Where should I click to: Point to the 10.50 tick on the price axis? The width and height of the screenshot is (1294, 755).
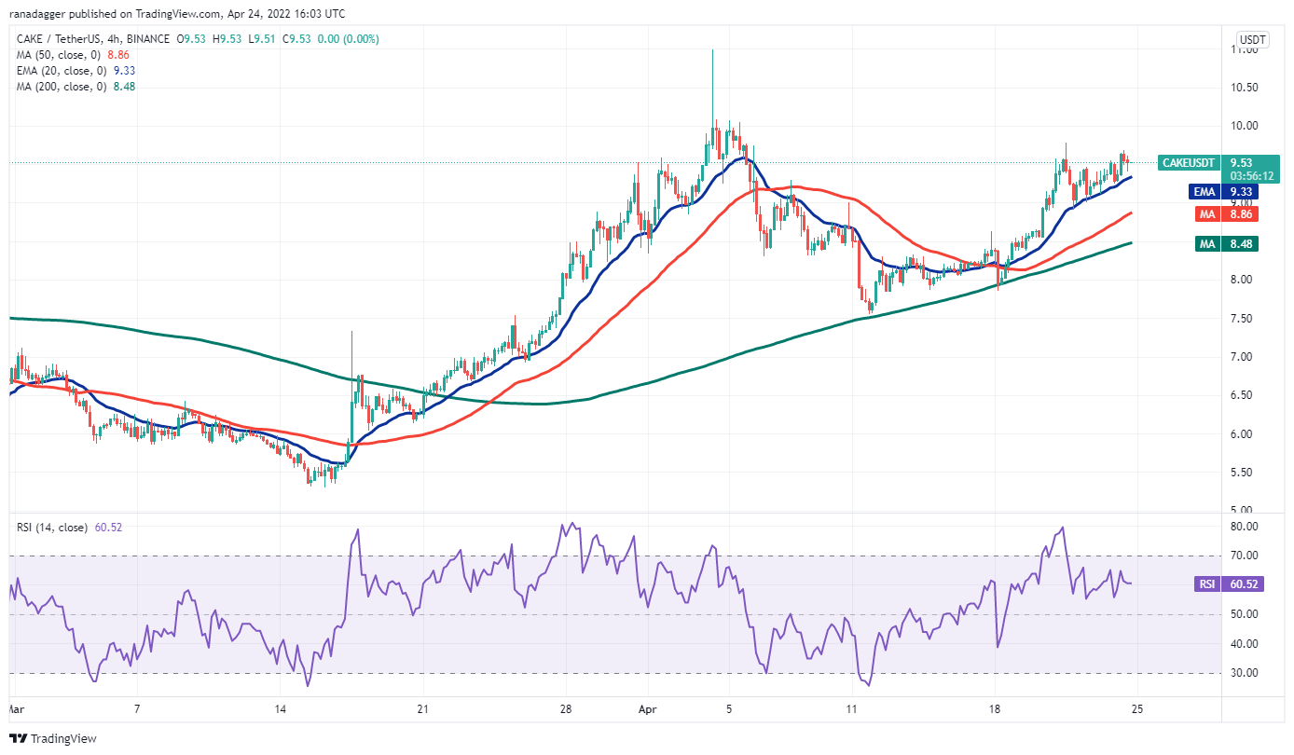[1250, 88]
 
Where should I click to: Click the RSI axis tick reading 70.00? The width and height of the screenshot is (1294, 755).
[1250, 556]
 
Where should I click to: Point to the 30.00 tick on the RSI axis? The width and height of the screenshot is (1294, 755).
[1250, 673]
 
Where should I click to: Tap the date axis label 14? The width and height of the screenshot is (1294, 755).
[280, 709]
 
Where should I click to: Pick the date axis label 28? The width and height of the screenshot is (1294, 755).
[566, 709]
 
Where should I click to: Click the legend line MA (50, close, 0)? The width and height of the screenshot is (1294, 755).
[59, 55]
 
